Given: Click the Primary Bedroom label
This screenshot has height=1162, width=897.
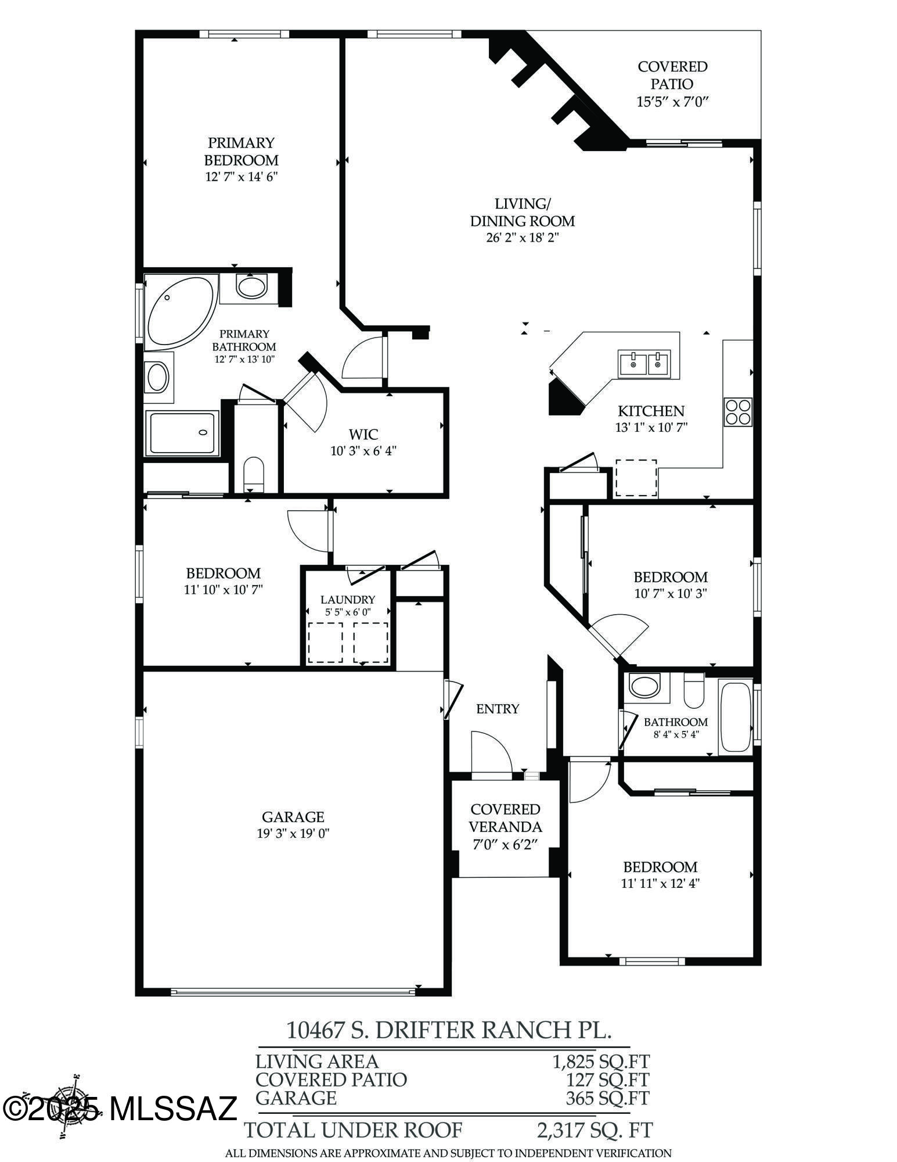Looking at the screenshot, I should (241, 151).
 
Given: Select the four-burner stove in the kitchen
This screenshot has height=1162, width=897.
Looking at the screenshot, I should (737, 412).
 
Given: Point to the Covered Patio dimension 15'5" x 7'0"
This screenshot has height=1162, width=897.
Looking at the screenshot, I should (673, 102).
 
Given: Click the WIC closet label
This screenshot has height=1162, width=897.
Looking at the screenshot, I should (363, 434).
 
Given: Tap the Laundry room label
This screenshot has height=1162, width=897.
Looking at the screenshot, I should (348, 600).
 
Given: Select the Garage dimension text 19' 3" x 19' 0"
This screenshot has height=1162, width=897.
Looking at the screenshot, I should (293, 834).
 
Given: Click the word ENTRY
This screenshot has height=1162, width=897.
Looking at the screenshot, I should (498, 709).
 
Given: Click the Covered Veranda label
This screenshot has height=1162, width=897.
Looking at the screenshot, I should (505, 817).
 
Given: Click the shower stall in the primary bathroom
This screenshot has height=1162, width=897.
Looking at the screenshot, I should (182, 433).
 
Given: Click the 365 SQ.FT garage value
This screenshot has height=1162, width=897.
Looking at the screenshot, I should (607, 1098).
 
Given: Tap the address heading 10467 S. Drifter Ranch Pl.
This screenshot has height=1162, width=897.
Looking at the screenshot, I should (449, 1030).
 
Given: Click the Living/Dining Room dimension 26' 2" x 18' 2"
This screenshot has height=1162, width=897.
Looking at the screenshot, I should (522, 238).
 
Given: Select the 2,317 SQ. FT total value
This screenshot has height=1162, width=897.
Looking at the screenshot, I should (595, 1130).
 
